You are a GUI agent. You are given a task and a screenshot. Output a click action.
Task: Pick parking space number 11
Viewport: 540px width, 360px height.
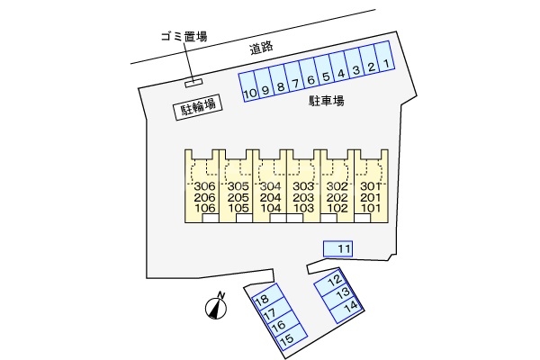click(x=342, y=247)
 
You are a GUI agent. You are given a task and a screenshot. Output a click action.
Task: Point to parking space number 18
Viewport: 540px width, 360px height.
click(x=263, y=301)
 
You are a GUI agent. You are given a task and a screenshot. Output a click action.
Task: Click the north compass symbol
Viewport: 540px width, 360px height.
click(x=215, y=307)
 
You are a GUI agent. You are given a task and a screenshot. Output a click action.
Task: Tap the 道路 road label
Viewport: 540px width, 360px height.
click(x=262, y=49)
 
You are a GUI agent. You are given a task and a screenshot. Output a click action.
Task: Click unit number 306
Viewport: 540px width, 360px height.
click(x=205, y=186)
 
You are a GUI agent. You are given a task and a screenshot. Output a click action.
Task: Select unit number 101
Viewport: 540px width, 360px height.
click(x=369, y=208)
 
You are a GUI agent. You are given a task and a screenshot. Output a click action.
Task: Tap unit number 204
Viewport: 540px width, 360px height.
click(x=271, y=197)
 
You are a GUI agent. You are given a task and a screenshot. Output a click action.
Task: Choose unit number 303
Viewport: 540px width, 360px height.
click(x=304, y=186)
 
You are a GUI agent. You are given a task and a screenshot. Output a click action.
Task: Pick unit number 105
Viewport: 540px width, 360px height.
click(x=238, y=208)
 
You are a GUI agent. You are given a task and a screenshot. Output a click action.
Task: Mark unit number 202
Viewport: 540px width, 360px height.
click(x=336, y=197)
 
